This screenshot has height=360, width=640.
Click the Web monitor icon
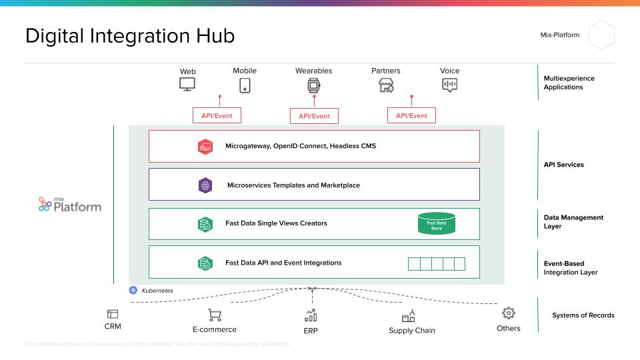[x=187, y=85]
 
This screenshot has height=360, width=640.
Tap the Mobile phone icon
[x=245, y=85]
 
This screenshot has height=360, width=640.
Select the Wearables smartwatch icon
[x=313, y=85]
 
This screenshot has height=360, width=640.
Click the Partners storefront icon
[x=386, y=85]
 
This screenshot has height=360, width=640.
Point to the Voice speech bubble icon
[x=450, y=85]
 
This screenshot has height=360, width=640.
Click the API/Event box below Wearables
[x=314, y=116]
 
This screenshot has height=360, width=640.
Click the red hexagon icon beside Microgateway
[x=205, y=147]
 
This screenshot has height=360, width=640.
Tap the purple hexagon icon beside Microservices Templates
[x=205, y=185]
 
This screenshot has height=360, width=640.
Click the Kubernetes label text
[x=157, y=291]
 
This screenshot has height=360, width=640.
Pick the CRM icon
[x=113, y=313]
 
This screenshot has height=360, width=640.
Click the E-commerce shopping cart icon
[x=215, y=315]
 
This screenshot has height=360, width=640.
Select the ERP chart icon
[x=311, y=315]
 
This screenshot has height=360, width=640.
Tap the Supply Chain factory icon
[x=409, y=315]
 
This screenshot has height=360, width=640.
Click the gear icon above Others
[x=509, y=313]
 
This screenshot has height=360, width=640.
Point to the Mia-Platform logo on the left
[x=70, y=204]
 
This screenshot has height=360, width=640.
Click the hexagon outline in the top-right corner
[x=601, y=35]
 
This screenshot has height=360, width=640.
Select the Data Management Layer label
[x=573, y=222]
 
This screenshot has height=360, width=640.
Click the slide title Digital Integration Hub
[x=130, y=36]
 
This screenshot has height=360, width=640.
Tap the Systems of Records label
[x=583, y=315]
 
